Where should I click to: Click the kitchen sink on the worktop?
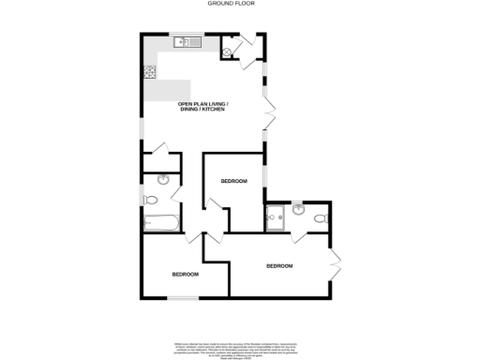point(184,42)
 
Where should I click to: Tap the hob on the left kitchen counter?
point(148,70)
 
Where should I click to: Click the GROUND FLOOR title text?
point(239,5)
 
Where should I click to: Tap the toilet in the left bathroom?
point(151,199)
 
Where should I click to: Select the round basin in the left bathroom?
point(164,180)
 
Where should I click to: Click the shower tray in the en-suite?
point(277,220)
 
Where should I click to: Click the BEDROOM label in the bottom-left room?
point(185,275)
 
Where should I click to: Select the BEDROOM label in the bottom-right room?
point(279,266)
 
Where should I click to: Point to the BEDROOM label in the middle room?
point(233,180)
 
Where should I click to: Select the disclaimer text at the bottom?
point(239,347)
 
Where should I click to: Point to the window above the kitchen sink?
point(187,34)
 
